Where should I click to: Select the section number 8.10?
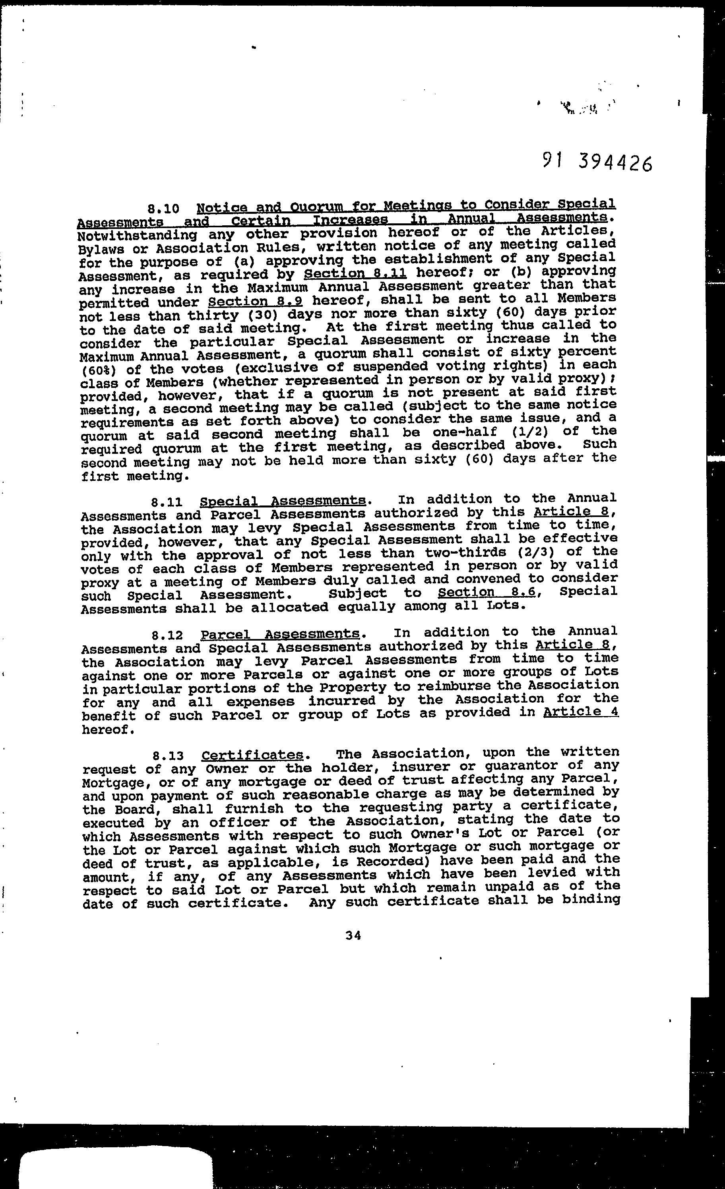tap(164, 209)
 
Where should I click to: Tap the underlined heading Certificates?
tap(252, 754)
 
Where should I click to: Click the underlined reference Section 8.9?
tap(255, 302)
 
